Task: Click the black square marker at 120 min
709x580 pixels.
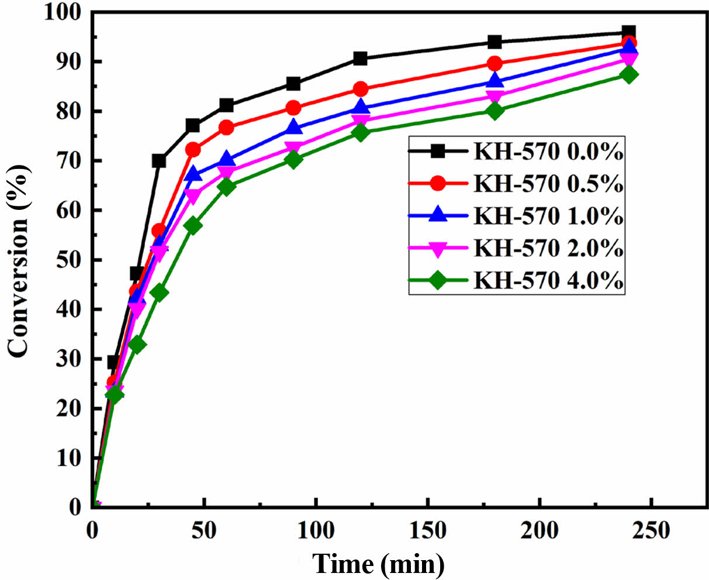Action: click(360, 58)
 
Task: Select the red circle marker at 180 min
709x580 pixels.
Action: click(494, 64)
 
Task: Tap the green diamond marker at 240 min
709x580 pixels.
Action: click(629, 74)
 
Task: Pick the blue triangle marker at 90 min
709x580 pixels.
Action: click(293, 127)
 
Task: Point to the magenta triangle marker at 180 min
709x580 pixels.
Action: click(494, 97)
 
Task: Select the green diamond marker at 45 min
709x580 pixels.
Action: click(192, 226)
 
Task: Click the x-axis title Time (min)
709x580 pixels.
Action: click(378, 564)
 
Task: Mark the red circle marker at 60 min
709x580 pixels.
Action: click(226, 127)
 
